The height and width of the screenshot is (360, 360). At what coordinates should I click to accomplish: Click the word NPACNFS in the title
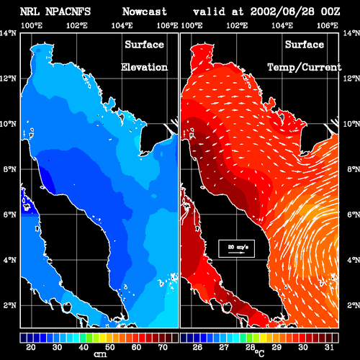click(68, 12)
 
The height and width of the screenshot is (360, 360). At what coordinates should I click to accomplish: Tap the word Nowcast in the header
click(145, 12)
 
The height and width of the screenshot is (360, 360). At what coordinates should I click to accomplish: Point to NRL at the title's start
click(30, 12)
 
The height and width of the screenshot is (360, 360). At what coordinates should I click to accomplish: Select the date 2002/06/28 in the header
click(282, 12)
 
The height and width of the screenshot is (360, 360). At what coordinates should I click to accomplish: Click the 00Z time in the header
click(330, 12)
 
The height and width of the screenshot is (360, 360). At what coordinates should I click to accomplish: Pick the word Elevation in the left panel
click(144, 67)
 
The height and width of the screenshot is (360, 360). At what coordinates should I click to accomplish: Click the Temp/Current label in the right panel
click(305, 68)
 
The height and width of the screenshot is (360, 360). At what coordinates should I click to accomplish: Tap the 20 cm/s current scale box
click(236, 248)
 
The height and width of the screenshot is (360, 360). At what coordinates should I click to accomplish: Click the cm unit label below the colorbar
click(100, 354)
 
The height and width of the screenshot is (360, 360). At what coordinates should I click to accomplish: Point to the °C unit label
click(259, 353)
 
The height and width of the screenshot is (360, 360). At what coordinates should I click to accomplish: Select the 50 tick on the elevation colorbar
click(110, 347)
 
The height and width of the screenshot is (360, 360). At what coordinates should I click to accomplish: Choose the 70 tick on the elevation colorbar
click(163, 347)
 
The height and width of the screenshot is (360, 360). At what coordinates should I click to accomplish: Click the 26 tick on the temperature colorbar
click(197, 347)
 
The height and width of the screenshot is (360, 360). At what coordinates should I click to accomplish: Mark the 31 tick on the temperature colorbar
click(329, 347)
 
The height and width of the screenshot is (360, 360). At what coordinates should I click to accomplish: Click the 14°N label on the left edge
click(9, 33)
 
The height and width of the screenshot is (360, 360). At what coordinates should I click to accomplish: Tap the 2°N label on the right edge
click(354, 305)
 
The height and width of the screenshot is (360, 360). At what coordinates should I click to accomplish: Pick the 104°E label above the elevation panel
click(122, 25)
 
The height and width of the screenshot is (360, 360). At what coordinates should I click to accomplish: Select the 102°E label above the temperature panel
click(237, 25)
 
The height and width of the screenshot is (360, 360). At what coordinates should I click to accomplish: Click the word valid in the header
click(209, 12)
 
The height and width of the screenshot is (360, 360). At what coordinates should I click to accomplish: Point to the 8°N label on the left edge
click(10, 169)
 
